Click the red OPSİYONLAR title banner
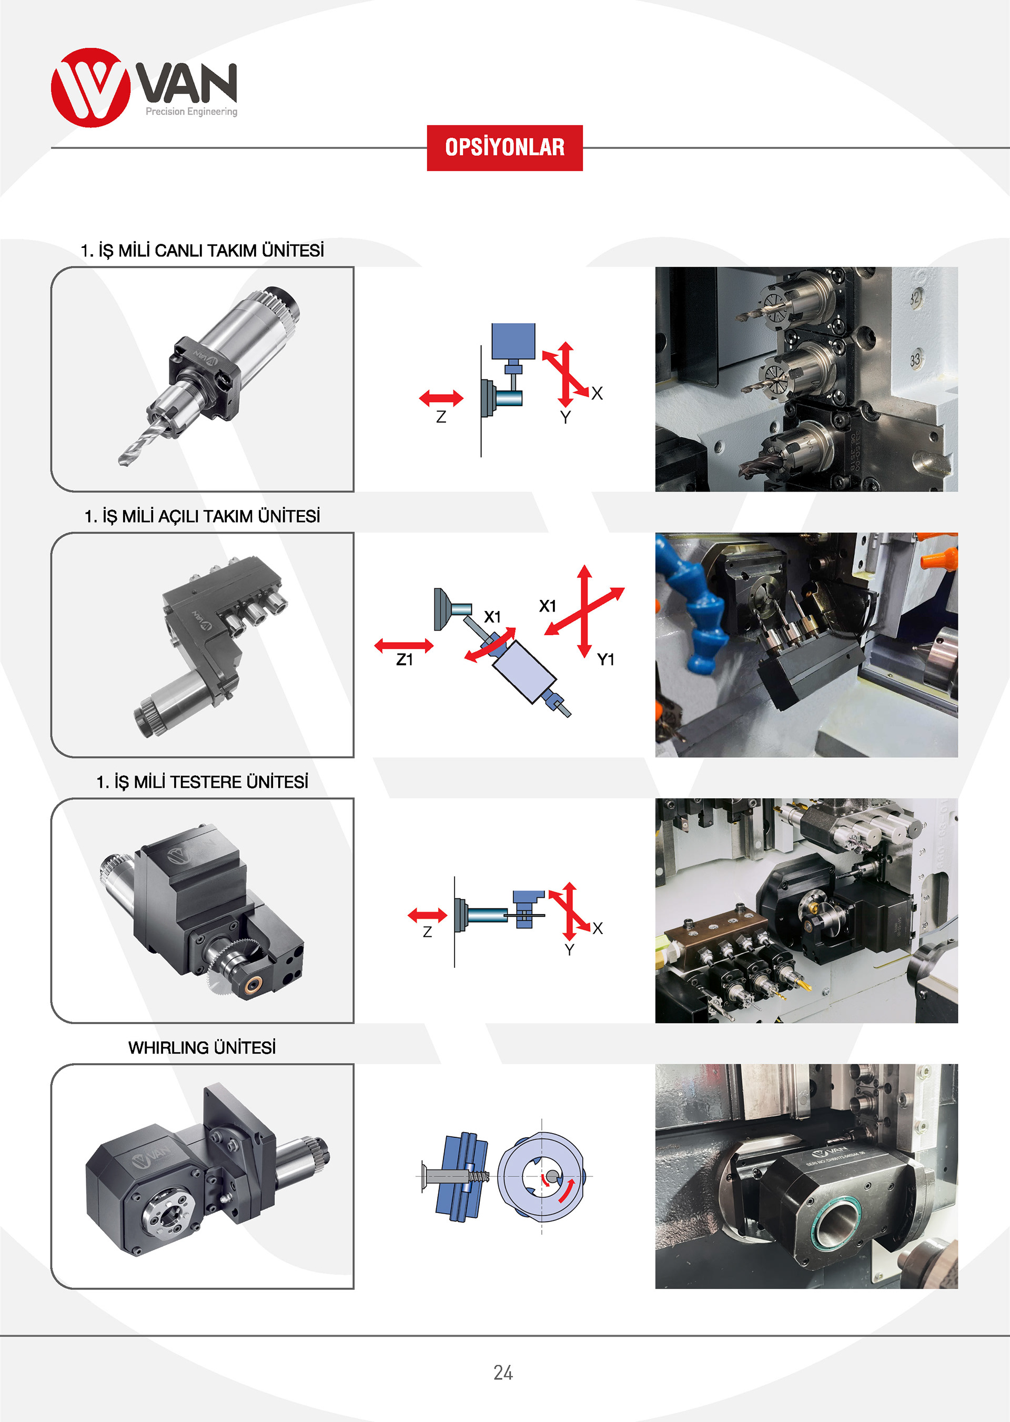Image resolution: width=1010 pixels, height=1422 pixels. click(504, 147)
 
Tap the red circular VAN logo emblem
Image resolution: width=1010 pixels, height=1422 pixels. click(91, 88)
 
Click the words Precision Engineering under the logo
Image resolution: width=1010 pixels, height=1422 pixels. click(191, 112)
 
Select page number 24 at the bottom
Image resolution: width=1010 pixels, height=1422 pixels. click(503, 1372)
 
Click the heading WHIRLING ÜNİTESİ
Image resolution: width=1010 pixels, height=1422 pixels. click(202, 1047)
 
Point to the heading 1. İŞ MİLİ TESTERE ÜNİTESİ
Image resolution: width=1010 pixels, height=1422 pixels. click(202, 782)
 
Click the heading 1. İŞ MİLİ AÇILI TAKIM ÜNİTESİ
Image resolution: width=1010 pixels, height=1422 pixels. click(202, 516)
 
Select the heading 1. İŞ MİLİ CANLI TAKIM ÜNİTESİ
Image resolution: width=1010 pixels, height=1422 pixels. click(202, 251)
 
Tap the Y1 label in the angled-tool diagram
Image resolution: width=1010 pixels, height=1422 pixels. click(606, 659)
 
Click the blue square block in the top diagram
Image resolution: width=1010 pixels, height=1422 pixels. click(513, 341)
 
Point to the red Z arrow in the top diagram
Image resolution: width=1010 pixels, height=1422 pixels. click(441, 397)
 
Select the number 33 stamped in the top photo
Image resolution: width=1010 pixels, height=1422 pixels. click(915, 359)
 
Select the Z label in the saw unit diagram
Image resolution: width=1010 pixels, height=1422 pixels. click(427, 931)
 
